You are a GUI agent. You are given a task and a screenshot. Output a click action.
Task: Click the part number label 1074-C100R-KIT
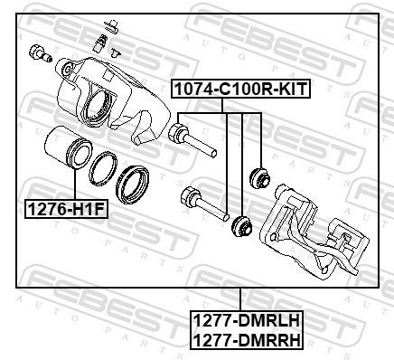(240, 89)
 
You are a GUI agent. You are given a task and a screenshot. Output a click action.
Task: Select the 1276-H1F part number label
(66, 209)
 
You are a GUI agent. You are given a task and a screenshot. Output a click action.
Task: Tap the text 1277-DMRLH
(247, 320)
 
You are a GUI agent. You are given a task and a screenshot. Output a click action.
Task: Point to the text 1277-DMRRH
(247, 340)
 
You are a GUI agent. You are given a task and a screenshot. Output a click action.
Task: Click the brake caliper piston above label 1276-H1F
(68, 147)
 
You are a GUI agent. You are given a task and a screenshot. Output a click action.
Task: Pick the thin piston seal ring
(103, 169)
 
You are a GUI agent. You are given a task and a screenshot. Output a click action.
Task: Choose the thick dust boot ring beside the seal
(132, 185)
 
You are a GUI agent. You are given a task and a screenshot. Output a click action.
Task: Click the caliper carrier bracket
(314, 232)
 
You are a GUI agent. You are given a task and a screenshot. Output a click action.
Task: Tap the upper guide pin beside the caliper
(192, 139)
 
